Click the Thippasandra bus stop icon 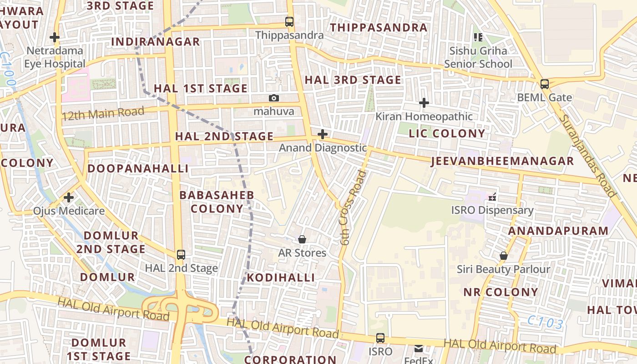point(289,21)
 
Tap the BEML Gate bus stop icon point(544,84)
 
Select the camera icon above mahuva point(273,98)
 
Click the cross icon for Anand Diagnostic point(323,134)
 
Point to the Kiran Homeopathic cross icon point(424,103)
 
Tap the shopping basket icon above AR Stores point(302,239)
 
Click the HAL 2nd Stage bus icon point(181,254)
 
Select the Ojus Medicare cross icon point(69,197)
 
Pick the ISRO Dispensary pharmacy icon point(492,197)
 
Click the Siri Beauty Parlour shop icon point(503,256)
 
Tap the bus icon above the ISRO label point(380,338)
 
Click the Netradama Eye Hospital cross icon point(55,37)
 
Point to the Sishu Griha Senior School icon point(478,37)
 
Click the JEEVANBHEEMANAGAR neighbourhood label point(502,161)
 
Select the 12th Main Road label point(103,113)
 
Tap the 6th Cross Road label point(353,207)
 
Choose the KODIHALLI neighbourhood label point(281,278)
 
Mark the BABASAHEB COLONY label point(217,202)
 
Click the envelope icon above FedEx point(418,349)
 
